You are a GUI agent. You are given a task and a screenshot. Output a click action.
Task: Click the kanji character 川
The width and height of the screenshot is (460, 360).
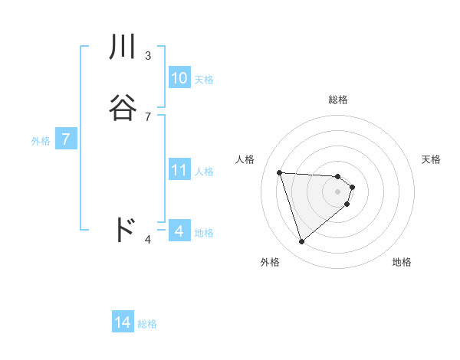[123, 47]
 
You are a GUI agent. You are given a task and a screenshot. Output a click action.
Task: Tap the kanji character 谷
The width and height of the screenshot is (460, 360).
[123, 108]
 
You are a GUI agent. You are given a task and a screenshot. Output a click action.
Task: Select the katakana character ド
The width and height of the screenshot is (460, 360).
[124, 230]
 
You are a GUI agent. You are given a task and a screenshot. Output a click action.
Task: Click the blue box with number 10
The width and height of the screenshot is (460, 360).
[179, 78]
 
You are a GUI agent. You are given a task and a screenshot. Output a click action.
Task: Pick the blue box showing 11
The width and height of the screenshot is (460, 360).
[179, 170]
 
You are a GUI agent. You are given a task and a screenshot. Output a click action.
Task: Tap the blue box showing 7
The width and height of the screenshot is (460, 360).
[67, 139]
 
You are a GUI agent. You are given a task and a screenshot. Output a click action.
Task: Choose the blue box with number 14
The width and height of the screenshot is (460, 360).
[123, 322]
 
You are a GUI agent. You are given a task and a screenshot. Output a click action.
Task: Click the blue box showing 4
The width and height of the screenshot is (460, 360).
[179, 231]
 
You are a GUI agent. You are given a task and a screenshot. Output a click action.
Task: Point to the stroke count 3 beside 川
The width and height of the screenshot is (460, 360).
[147, 55]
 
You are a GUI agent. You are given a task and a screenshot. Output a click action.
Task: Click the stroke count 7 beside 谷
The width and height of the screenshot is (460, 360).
[147, 116]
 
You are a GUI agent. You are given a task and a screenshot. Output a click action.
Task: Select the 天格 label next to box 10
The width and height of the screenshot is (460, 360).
[204, 80]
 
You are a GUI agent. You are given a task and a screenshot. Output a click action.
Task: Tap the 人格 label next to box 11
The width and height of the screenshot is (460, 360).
[204, 172]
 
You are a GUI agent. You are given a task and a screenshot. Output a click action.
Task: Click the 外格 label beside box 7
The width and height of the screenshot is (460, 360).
[40, 141]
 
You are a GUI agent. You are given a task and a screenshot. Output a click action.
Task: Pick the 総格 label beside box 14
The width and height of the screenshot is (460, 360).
[147, 324]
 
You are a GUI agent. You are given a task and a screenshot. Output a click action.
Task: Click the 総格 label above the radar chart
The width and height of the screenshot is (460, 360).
[338, 100]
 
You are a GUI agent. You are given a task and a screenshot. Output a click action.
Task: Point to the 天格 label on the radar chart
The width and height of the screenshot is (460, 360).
[432, 159]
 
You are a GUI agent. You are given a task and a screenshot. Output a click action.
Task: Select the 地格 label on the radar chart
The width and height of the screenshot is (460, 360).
[402, 262]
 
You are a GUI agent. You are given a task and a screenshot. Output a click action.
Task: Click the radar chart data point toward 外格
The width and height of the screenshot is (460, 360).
[301, 242]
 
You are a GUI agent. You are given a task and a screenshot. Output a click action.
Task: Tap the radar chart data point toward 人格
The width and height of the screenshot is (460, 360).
[280, 172]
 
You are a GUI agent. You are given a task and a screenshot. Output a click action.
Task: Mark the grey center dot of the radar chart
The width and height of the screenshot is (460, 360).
[338, 191]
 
